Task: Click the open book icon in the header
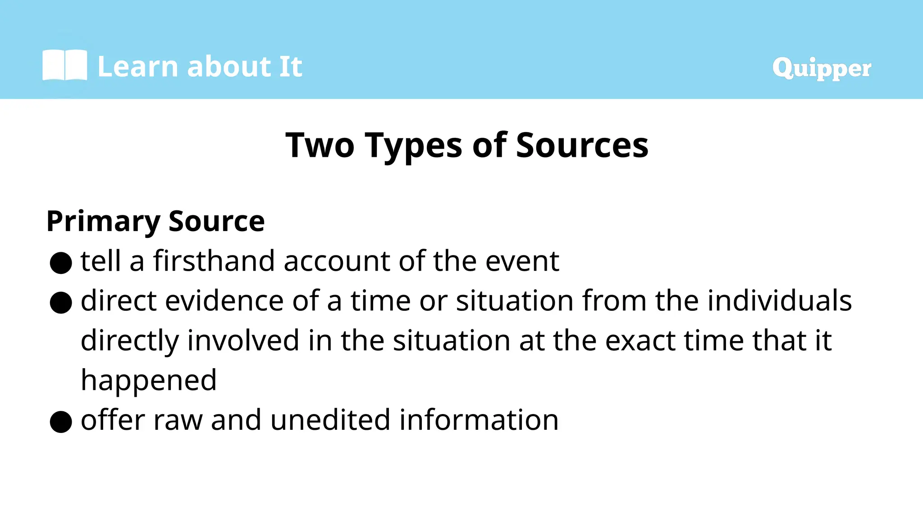65,65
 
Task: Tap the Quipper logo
821,68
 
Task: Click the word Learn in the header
138,67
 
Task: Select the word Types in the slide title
413,146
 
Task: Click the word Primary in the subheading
103,221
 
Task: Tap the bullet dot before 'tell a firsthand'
61,263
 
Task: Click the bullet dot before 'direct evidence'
61,302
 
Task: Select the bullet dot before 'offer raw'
61,422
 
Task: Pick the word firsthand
214,261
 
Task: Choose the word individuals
779,300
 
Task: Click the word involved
243,340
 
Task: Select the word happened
149,381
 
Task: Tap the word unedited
330,420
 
